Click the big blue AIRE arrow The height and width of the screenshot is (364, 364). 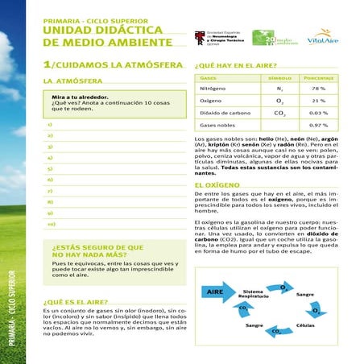(x=216, y=292)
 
